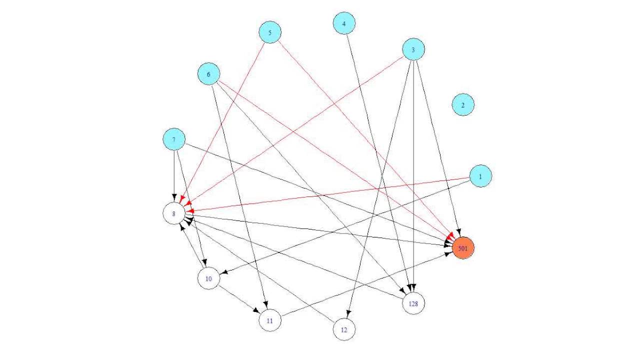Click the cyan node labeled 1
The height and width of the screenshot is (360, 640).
[480, 176]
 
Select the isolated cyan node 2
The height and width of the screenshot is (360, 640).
[463, 105]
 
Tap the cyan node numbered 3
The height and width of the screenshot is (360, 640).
[413, 49]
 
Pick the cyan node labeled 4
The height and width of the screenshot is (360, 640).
[344, 23]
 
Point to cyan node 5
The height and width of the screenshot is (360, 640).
[270, 33]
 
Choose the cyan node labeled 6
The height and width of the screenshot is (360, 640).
[209, 74]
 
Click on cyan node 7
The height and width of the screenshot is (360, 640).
[174, 139]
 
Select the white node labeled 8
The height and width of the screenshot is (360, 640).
[174, 213]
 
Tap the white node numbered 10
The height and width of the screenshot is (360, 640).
[209, 278]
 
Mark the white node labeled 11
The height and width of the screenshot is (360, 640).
[270, 320]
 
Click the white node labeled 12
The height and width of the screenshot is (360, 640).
[344, 329]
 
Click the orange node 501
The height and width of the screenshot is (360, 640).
[463, 248]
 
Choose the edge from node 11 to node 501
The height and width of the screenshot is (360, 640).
[365, 284]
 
